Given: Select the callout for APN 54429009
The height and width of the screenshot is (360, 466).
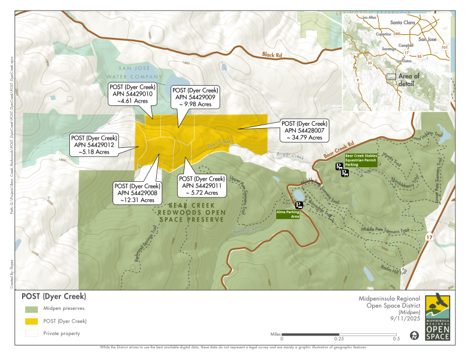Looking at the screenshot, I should [x=195, y=97].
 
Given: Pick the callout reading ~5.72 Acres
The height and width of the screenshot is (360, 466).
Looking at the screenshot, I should [x=201, y=185].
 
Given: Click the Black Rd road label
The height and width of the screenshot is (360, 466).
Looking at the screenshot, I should [x=271, y=55].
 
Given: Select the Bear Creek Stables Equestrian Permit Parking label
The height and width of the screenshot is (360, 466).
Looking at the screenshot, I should [x=361, y=160].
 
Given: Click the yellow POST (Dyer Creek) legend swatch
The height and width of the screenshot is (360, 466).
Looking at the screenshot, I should [x=31, y=321].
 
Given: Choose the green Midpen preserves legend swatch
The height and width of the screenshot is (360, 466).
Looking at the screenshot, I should [x=31, y=309].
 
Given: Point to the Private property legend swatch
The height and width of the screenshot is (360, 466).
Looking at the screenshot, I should [x=31, y=334].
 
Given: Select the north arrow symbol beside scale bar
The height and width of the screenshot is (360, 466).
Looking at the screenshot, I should [x=414, y=336].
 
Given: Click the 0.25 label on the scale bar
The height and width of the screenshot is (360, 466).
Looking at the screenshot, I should [x=338, y=338].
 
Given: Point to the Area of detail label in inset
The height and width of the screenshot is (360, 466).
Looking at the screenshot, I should [x=408, y=80].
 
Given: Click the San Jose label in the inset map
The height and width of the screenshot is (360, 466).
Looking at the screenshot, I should [x=427, y=39].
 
